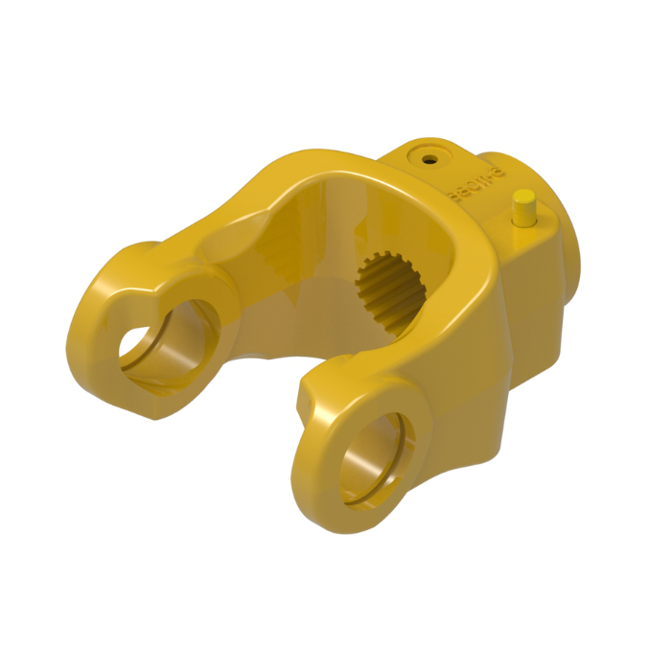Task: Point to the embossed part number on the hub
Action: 463,188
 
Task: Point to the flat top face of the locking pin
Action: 523,197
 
